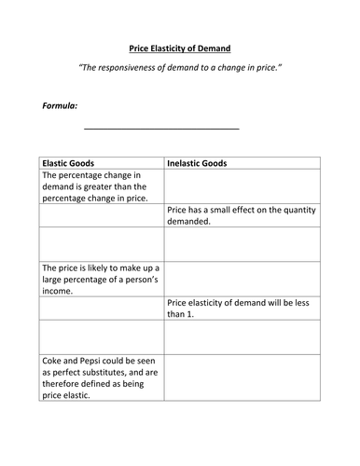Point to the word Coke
point(58,360)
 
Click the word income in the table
point(61,290)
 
